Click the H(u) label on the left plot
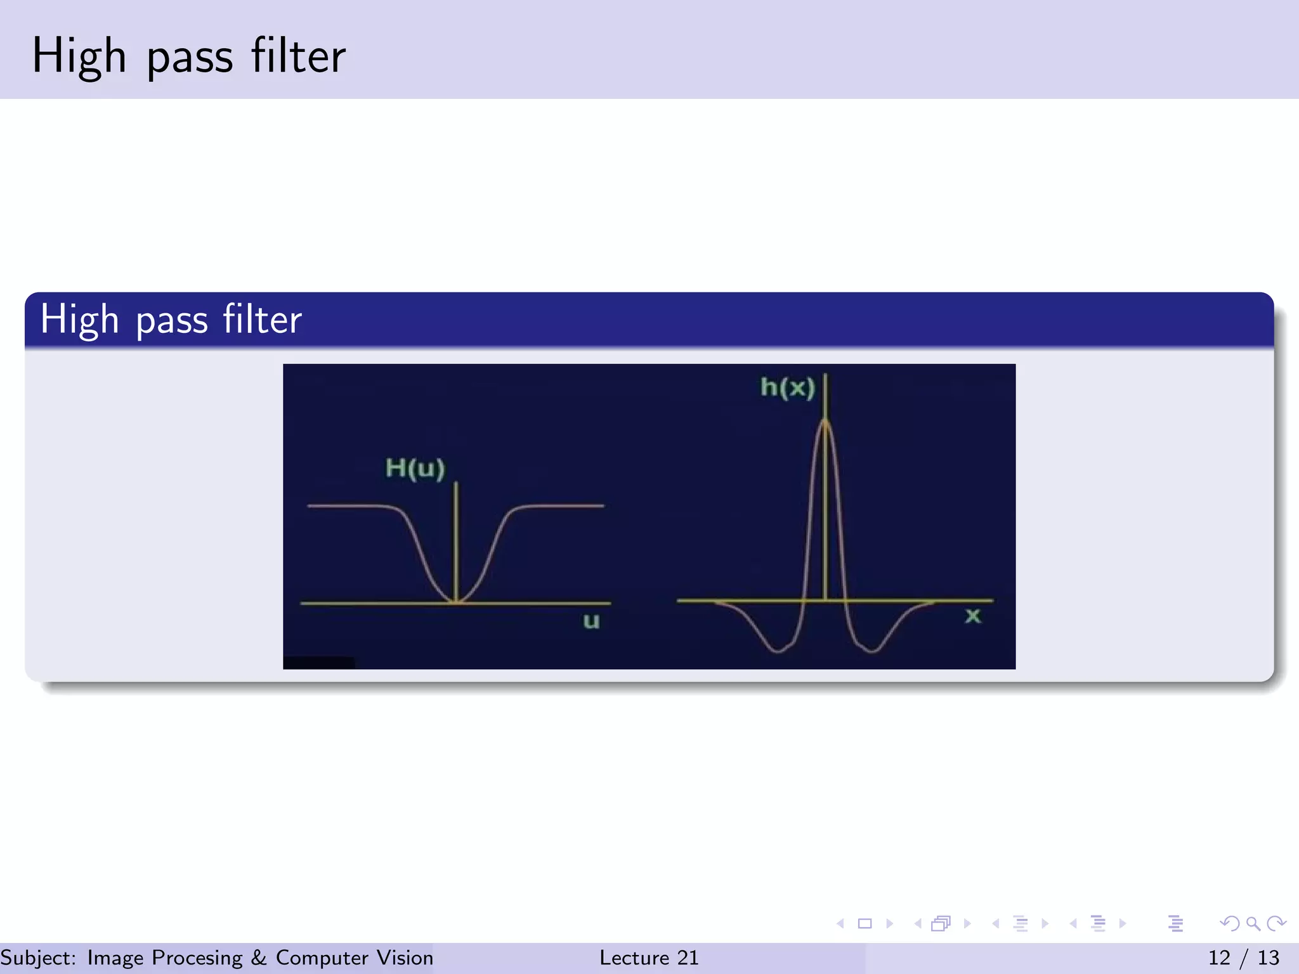415,468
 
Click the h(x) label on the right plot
787,387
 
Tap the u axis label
591,621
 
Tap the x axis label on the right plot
972,616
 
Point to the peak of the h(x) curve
825,421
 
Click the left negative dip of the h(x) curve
779,649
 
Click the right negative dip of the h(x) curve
872,649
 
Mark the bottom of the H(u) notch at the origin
456,601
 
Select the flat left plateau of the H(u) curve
346,506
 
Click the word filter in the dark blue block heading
261,320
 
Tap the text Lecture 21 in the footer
649,958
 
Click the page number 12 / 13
1243,958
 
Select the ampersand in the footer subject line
258,958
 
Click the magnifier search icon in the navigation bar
1253,923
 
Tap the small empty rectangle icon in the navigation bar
865,923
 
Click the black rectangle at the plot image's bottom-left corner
318,663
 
